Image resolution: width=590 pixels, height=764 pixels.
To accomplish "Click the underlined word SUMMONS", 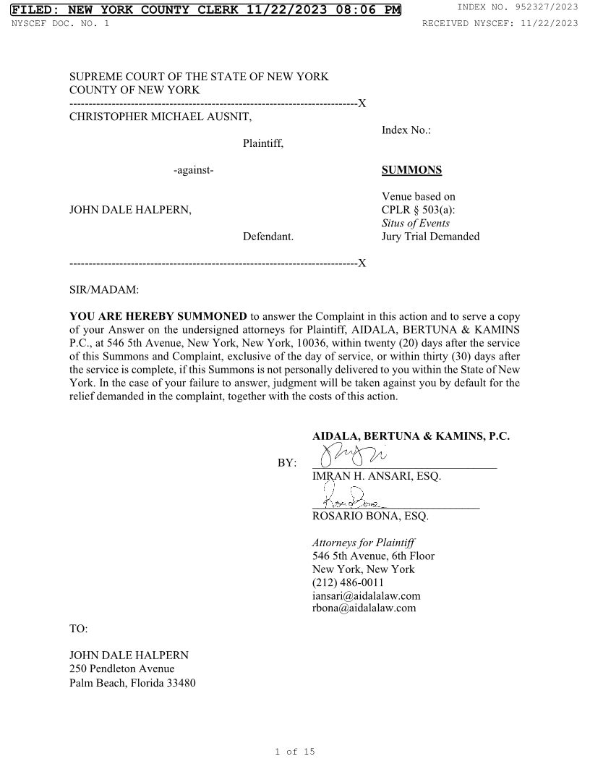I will tap(411, 171).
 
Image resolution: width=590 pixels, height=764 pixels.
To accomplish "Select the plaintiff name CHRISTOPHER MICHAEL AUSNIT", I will tap(161, 117).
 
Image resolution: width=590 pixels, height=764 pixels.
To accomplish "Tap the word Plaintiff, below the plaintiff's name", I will tap(263, 144).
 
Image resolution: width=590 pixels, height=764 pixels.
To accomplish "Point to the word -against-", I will tap(193, 171).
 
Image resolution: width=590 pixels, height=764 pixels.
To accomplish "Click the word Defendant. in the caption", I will tap(268, 237).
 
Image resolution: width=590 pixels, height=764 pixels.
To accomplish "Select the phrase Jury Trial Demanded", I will tap(430, 237).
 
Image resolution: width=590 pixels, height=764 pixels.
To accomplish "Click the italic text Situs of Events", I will tap(415, 224).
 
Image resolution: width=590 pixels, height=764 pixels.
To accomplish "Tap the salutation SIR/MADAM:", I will tap(103, 290).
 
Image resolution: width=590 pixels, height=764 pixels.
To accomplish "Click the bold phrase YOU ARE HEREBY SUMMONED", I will tap(158, 317).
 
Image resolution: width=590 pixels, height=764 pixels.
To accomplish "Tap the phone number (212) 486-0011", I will tap(348, 582).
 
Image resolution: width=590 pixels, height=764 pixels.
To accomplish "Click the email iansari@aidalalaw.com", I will tap(366, 595).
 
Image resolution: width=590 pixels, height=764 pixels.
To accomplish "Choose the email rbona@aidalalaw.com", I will tap(364, 608).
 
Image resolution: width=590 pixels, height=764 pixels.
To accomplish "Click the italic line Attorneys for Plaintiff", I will tap(364, 543).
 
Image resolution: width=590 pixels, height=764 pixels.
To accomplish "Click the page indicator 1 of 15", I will tap(295, 752).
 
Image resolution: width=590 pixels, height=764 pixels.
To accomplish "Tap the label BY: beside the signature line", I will tap(287, 463).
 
